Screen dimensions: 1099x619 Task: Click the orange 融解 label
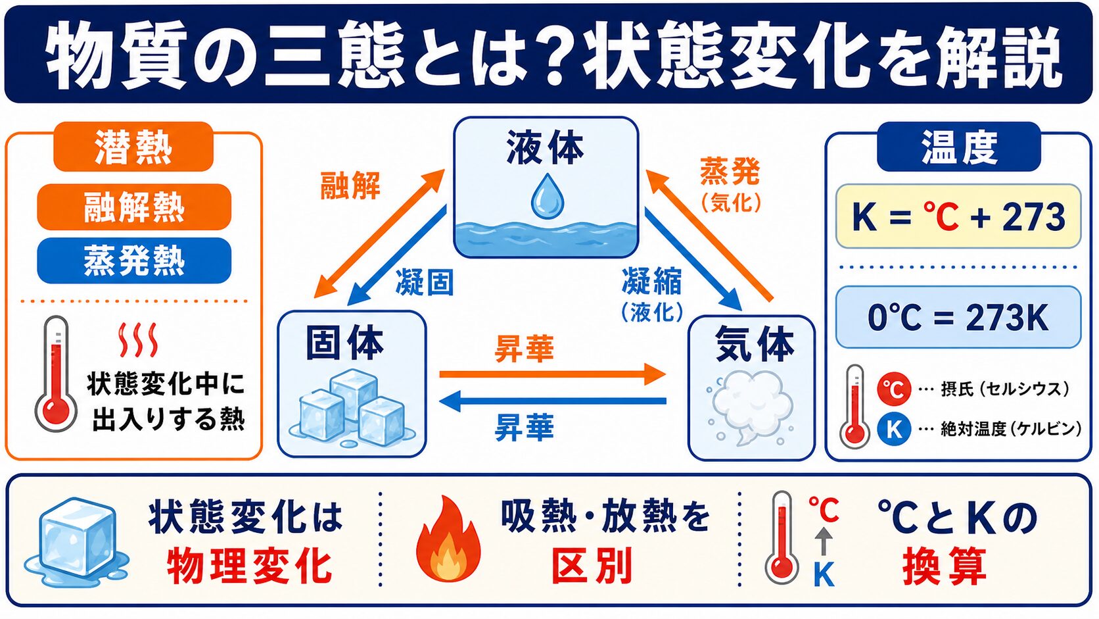point(350,186)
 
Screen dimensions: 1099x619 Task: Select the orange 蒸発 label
point(730,171)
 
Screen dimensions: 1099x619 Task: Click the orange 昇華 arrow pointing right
point(552,374)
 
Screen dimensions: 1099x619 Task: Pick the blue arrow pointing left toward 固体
point(552,401)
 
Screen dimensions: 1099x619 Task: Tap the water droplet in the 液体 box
point(547,196)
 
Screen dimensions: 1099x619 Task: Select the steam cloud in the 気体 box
point(750,407)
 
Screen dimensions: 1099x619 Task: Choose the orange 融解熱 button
point(134,207)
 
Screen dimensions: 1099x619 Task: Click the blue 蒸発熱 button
point(134,260)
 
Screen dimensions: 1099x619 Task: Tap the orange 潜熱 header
point(133,147)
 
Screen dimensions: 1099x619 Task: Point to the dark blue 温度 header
point(959,147)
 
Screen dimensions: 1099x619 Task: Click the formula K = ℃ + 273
point(958,216)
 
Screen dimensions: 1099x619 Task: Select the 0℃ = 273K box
point(958,317)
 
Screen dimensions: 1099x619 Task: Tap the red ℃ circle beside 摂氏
point(894,389)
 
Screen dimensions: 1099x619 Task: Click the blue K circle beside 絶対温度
point(894,429)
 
